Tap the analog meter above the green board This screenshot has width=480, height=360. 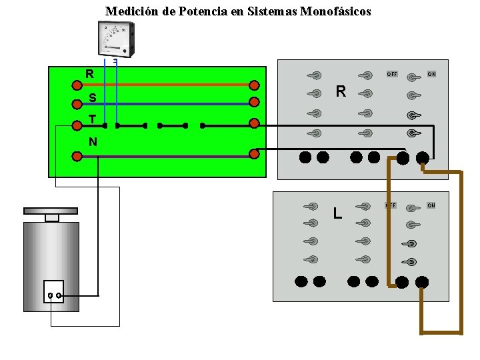click(x=115, y=39)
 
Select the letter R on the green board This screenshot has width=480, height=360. click(x=89, y=74)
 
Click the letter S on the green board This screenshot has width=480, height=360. click(x=92, y=99)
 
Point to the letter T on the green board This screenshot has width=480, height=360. click(x=92, y=119)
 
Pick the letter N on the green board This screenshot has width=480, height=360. click(x=93, y=141)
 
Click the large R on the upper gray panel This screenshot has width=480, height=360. click(x=341, y=91)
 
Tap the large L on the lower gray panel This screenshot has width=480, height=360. click(x=338, y=213)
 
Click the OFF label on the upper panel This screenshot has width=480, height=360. click(x=392, y=74)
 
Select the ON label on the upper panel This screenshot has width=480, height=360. click(x=431, y=74)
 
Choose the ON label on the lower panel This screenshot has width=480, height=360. click(x=431, y=205)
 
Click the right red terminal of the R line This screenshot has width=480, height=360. click(x=254, y=85)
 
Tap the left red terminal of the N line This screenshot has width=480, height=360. click(x=77, y=157)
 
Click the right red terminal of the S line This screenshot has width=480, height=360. click(x=254, y=102)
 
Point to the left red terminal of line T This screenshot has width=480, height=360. click(x=77, y=123)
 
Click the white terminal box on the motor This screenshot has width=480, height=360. click(x=53, y=292)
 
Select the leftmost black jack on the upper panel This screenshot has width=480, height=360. click(x=305, y=157)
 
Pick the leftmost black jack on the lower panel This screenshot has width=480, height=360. click(x=301, y=281)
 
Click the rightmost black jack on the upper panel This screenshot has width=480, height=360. click(x=422, y=157)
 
